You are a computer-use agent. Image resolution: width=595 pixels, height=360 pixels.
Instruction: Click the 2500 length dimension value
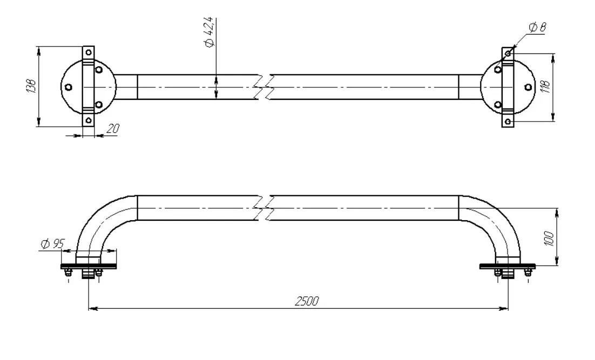(x=307, y=301)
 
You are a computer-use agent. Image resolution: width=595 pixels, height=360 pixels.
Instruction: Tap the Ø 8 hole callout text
(x=537, y=28)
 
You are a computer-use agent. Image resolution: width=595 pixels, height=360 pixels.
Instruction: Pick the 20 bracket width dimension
(x=112, y=128)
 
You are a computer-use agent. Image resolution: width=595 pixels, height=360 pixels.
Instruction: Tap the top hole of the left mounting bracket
(x=89, y=52)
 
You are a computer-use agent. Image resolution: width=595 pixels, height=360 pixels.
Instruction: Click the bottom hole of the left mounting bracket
(x=89, y=121)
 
